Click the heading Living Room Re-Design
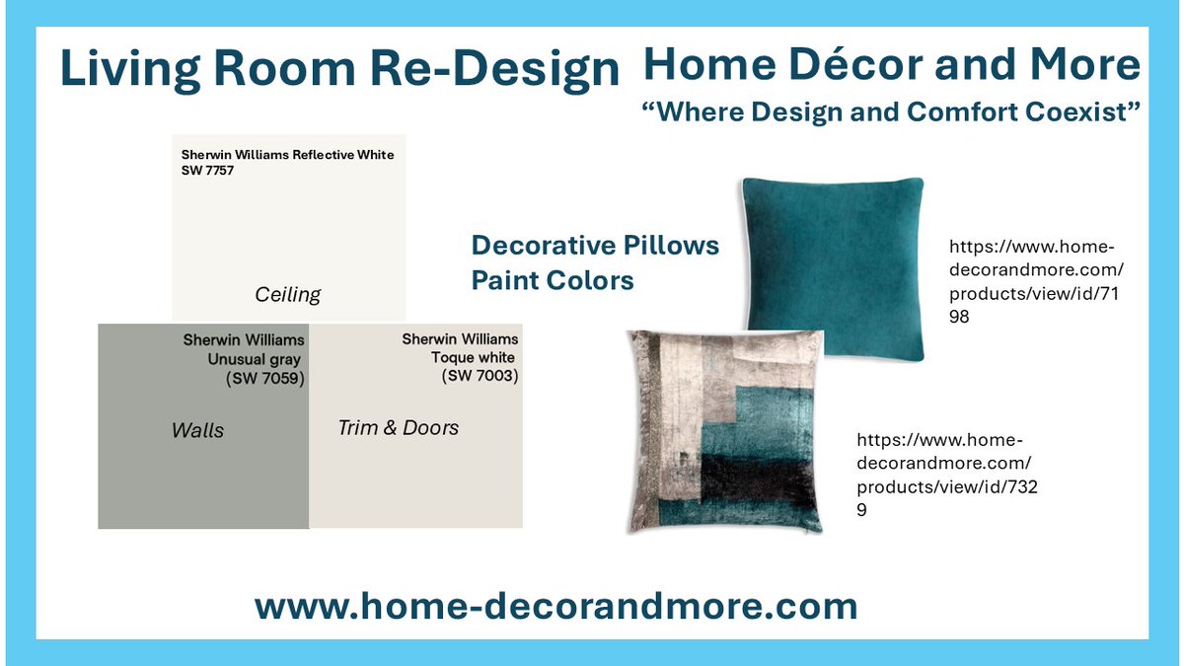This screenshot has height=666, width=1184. tap(339, 70)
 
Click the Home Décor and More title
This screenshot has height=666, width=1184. tap(891, 65)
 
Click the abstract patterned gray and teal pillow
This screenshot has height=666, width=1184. tap(725, 431)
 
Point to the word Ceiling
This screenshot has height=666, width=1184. tap(288, 294)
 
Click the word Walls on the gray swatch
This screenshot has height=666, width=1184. tap(197, 430)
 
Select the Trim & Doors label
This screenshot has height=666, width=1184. tap(398, 427)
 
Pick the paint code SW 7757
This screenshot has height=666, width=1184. tap(208, 172)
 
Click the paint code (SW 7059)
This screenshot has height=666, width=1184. tap(265, 378)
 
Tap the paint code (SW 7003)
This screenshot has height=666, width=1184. tap(481, 375)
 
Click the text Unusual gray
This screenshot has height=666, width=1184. tap(255, 359)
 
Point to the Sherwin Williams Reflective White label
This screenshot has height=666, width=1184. tap(287, 155)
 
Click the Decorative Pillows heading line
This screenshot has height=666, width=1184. tap(595, 245)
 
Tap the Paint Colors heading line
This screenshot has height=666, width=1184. tap(552, 280)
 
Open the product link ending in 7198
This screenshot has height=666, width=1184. tap(1036, 280)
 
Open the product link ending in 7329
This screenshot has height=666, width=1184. tap(944, 475)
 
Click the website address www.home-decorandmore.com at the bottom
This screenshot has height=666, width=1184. tap(555, 606)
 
